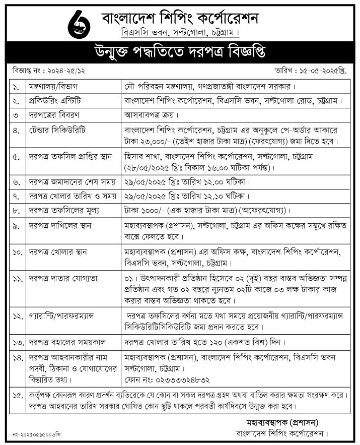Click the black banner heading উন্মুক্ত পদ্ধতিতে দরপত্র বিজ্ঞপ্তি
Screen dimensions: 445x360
[x=179, y=52]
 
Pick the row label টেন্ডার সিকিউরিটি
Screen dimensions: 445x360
[x=57, y=129]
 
